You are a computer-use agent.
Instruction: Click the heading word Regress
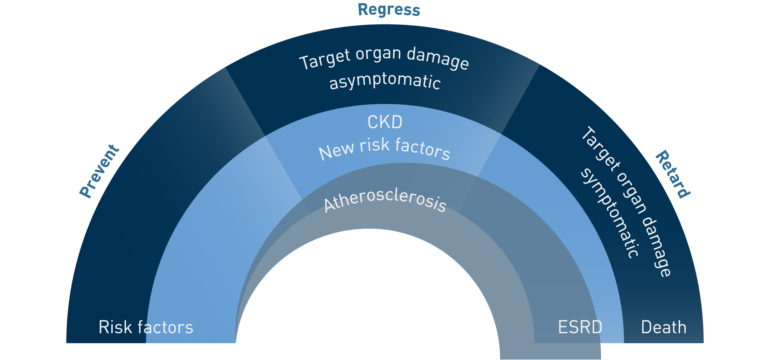389,10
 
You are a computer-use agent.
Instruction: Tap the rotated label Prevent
99,171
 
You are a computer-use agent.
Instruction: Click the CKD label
385,122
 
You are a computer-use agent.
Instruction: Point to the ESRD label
580,327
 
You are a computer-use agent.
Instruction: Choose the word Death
664,327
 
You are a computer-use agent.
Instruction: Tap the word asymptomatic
385,82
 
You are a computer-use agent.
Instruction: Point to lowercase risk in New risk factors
374,145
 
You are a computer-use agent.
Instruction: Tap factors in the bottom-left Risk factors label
165,327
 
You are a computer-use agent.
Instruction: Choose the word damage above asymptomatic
437,58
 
